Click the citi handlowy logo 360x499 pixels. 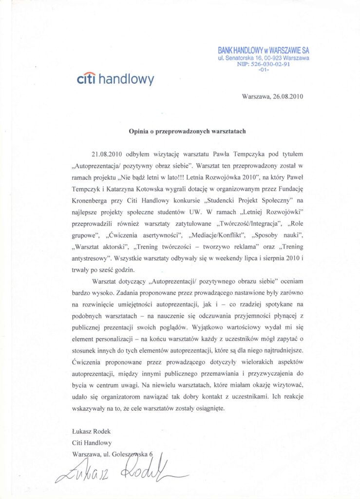(115, 79)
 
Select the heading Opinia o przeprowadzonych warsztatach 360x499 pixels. (188, 131)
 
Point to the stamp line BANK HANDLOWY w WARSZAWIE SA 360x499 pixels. (263, 51)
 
